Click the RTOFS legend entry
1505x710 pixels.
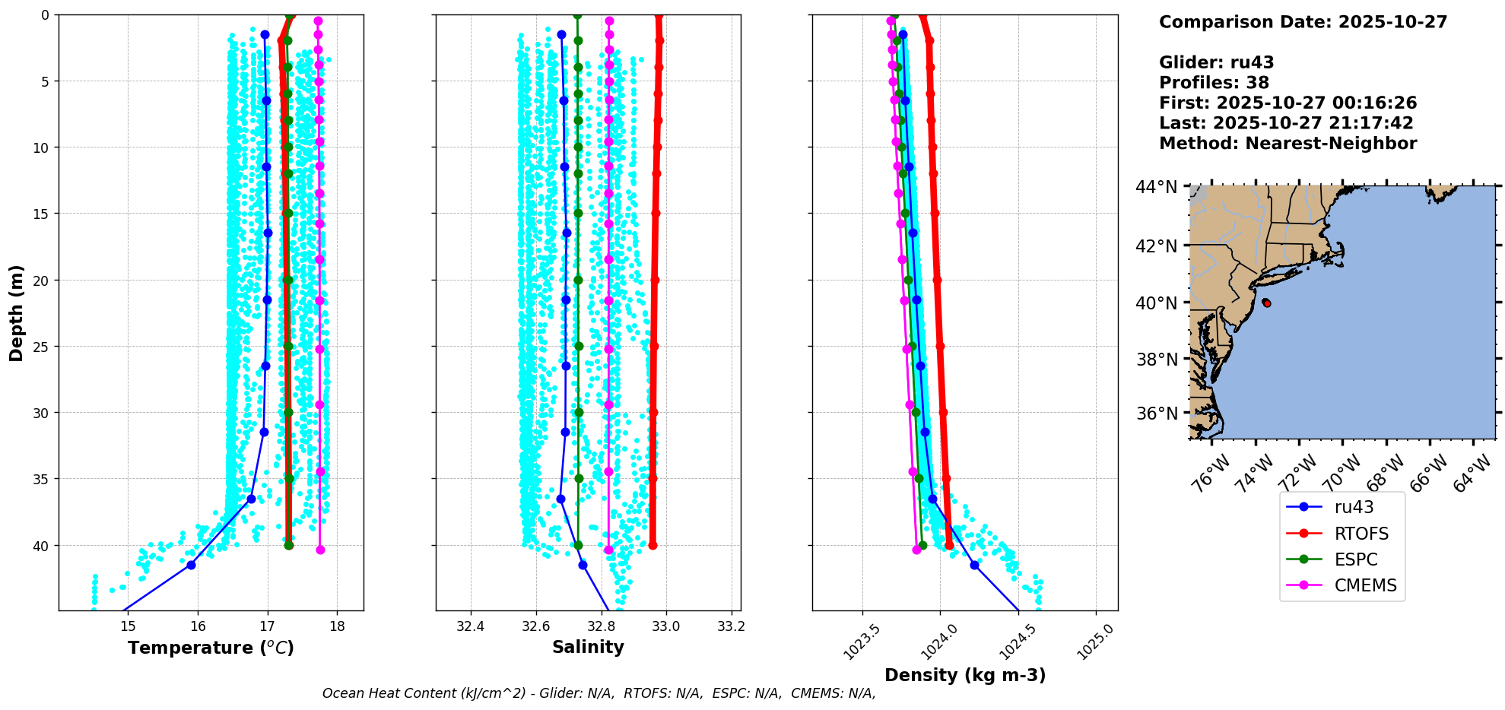1361,534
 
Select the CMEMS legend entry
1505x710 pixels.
1365,585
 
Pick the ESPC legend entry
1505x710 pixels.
1355,559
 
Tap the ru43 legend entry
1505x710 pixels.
1354,507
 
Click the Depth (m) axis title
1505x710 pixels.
17,312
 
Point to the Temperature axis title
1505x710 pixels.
211,648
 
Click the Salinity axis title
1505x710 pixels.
588,647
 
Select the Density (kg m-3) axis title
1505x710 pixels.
965,675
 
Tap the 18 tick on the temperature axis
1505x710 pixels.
337,626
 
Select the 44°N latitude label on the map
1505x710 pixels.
1156,187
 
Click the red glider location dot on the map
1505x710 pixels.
1266,303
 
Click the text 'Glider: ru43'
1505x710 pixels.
1216,63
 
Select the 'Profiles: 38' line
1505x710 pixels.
1214,83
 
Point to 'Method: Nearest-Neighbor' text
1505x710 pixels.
1288,144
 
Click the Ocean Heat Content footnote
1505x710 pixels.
599,693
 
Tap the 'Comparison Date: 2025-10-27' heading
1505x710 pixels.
1303,22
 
